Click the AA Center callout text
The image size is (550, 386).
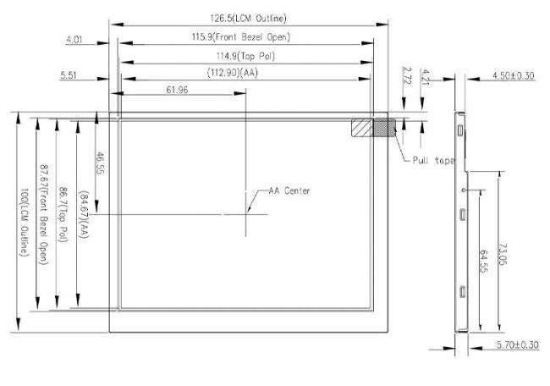click(289, 190)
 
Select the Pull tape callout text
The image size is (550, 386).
click(433, 160)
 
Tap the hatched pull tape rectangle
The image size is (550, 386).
click(373, 127)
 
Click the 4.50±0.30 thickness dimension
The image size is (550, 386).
click(513, 76)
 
